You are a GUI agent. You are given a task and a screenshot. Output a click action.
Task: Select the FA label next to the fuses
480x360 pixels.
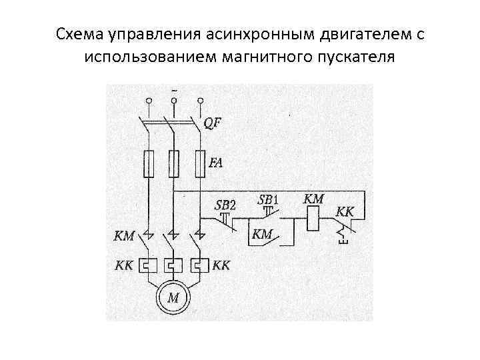click(217, 162)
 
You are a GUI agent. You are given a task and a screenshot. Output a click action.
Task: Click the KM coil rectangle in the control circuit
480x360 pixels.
click(314, 219)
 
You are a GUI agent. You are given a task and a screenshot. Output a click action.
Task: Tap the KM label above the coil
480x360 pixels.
click(314, 199)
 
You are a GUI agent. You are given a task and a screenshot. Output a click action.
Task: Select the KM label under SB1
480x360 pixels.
click(263, 234)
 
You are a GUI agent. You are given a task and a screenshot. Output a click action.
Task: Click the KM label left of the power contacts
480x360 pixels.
click(125, 235)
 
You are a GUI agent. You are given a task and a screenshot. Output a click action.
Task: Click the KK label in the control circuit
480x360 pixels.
click(346, 212)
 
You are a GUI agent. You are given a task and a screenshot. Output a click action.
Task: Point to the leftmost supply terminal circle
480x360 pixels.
click(149, 101)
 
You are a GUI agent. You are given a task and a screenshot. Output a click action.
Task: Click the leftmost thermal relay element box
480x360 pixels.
click(149, 265)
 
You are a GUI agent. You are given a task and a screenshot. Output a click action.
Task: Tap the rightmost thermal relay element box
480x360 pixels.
click(198, 265)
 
